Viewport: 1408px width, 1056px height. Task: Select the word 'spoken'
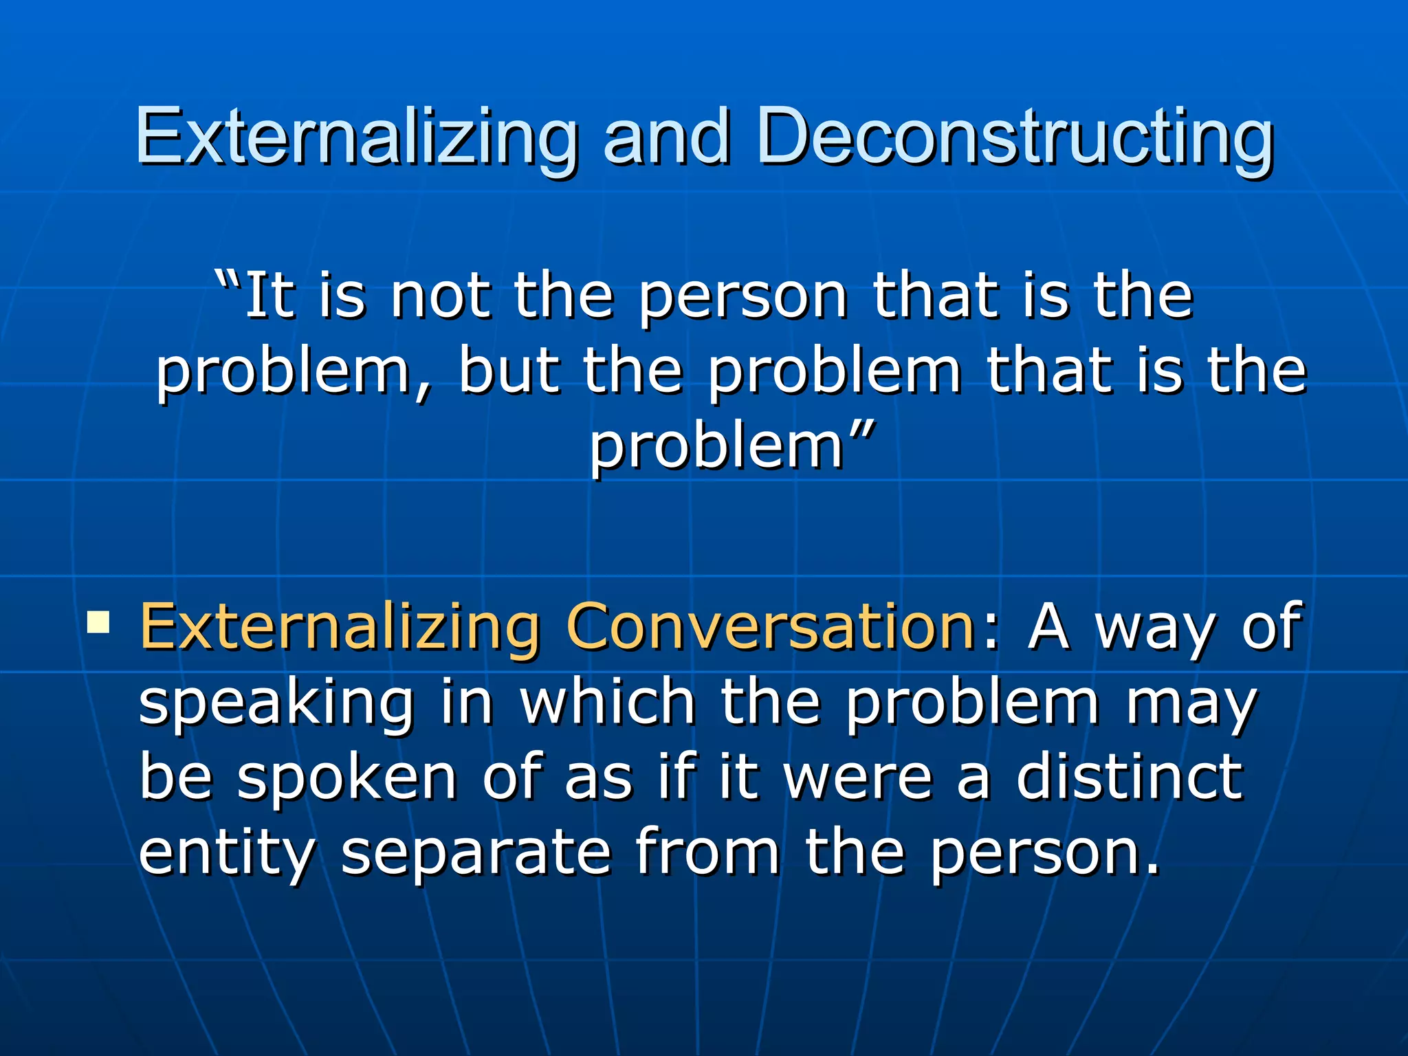(x=346, y=778)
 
